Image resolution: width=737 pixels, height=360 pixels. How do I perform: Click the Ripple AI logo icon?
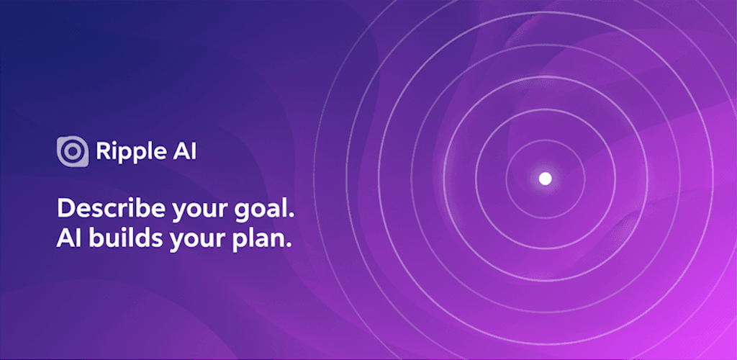[72, 151]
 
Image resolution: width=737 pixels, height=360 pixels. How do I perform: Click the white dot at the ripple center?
[545, 178]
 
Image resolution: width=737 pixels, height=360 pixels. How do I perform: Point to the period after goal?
[294, 217]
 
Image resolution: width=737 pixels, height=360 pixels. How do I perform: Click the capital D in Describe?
[65, 210]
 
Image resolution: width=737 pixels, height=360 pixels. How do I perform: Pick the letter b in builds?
[94, 240]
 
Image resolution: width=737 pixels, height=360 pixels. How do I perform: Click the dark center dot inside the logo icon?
[72, 151]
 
